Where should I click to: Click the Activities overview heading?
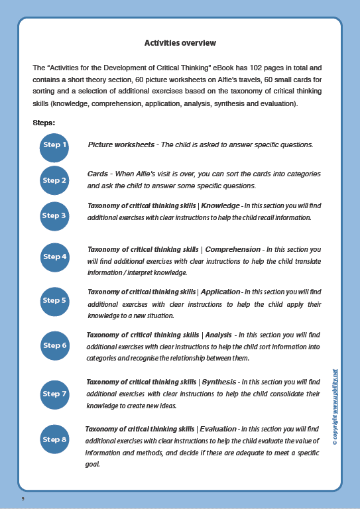pos(180,43)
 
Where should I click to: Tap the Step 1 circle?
pos(54,144)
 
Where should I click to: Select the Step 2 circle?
pos(54,180)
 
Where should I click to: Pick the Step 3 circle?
pos(54,215)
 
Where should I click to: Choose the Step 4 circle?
pos(54,256)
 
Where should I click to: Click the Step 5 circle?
pos(54,300)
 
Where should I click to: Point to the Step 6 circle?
pos(54,345)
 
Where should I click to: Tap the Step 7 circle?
pos(54,394)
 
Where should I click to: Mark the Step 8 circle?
pos(54,439)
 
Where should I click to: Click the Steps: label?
pos(44,123)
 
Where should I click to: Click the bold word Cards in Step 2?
pos(97,174)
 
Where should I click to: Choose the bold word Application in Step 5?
pos(221,292)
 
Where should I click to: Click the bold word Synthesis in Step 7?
pos(219,382)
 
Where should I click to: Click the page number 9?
pos(23,498)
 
